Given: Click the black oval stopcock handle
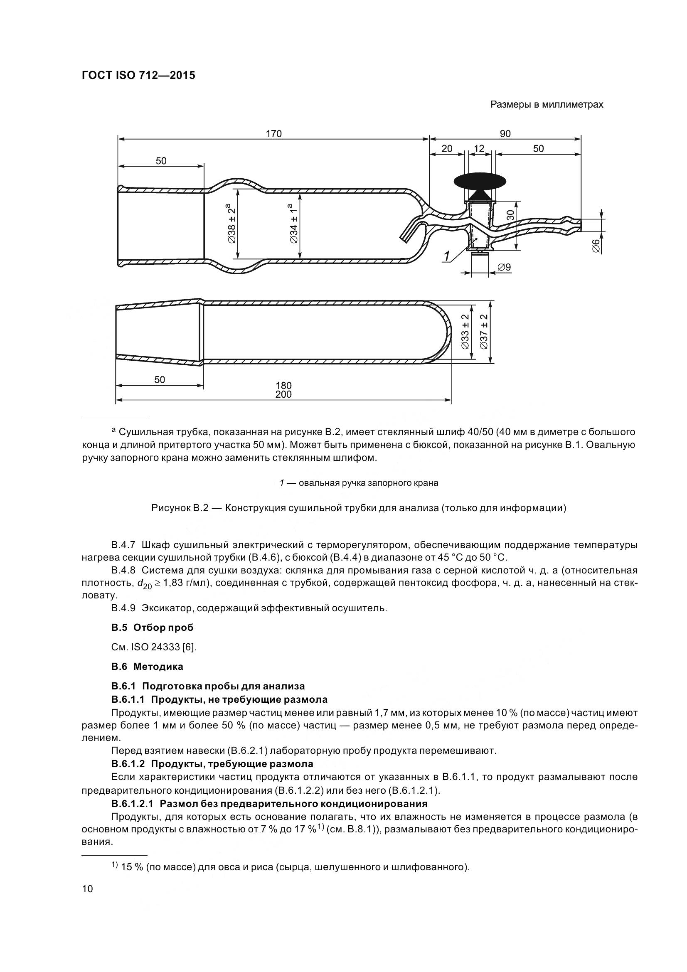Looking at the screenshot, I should (x=480, y=181).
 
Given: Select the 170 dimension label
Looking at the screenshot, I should (x=273, y=134).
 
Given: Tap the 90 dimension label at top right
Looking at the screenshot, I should (x=505, y=134).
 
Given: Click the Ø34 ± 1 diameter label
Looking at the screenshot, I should (x=294, y=224).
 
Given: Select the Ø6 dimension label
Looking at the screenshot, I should (x=596, y=246).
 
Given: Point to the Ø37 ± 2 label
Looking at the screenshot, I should (x=484, y=332).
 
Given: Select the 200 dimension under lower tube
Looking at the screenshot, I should (x=283, y=394).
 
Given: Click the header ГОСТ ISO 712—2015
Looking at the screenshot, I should (x=138, y=76).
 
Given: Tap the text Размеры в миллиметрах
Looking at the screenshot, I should (x=547, y=105).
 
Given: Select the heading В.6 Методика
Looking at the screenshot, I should (x=147, y=666).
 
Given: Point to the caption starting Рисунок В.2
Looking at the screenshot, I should (x=359, y=508).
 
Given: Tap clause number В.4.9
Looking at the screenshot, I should (x=123, y=608).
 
